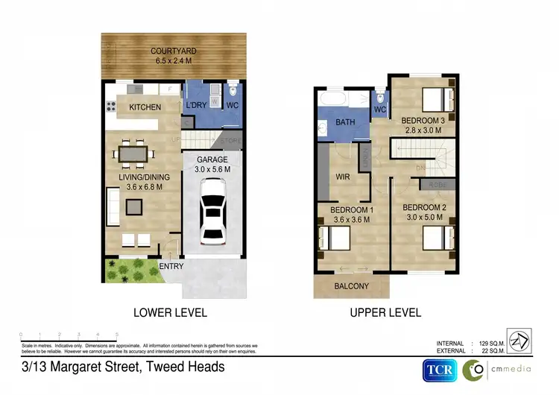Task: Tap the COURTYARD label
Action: pyautogui.click(x=175, y=51)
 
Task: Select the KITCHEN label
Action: pyautogui.click(x=145, y=107)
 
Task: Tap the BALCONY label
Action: pyautogui.click(x=351, y=286)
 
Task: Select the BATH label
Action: pyautogui.click(x=345, y=121)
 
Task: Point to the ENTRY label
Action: pyautogui.click(x=171, y=266)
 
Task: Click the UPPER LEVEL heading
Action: pyautogui.click(x=385, y=312)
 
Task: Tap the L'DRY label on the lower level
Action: pyautogui.click(x=197, y=104)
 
